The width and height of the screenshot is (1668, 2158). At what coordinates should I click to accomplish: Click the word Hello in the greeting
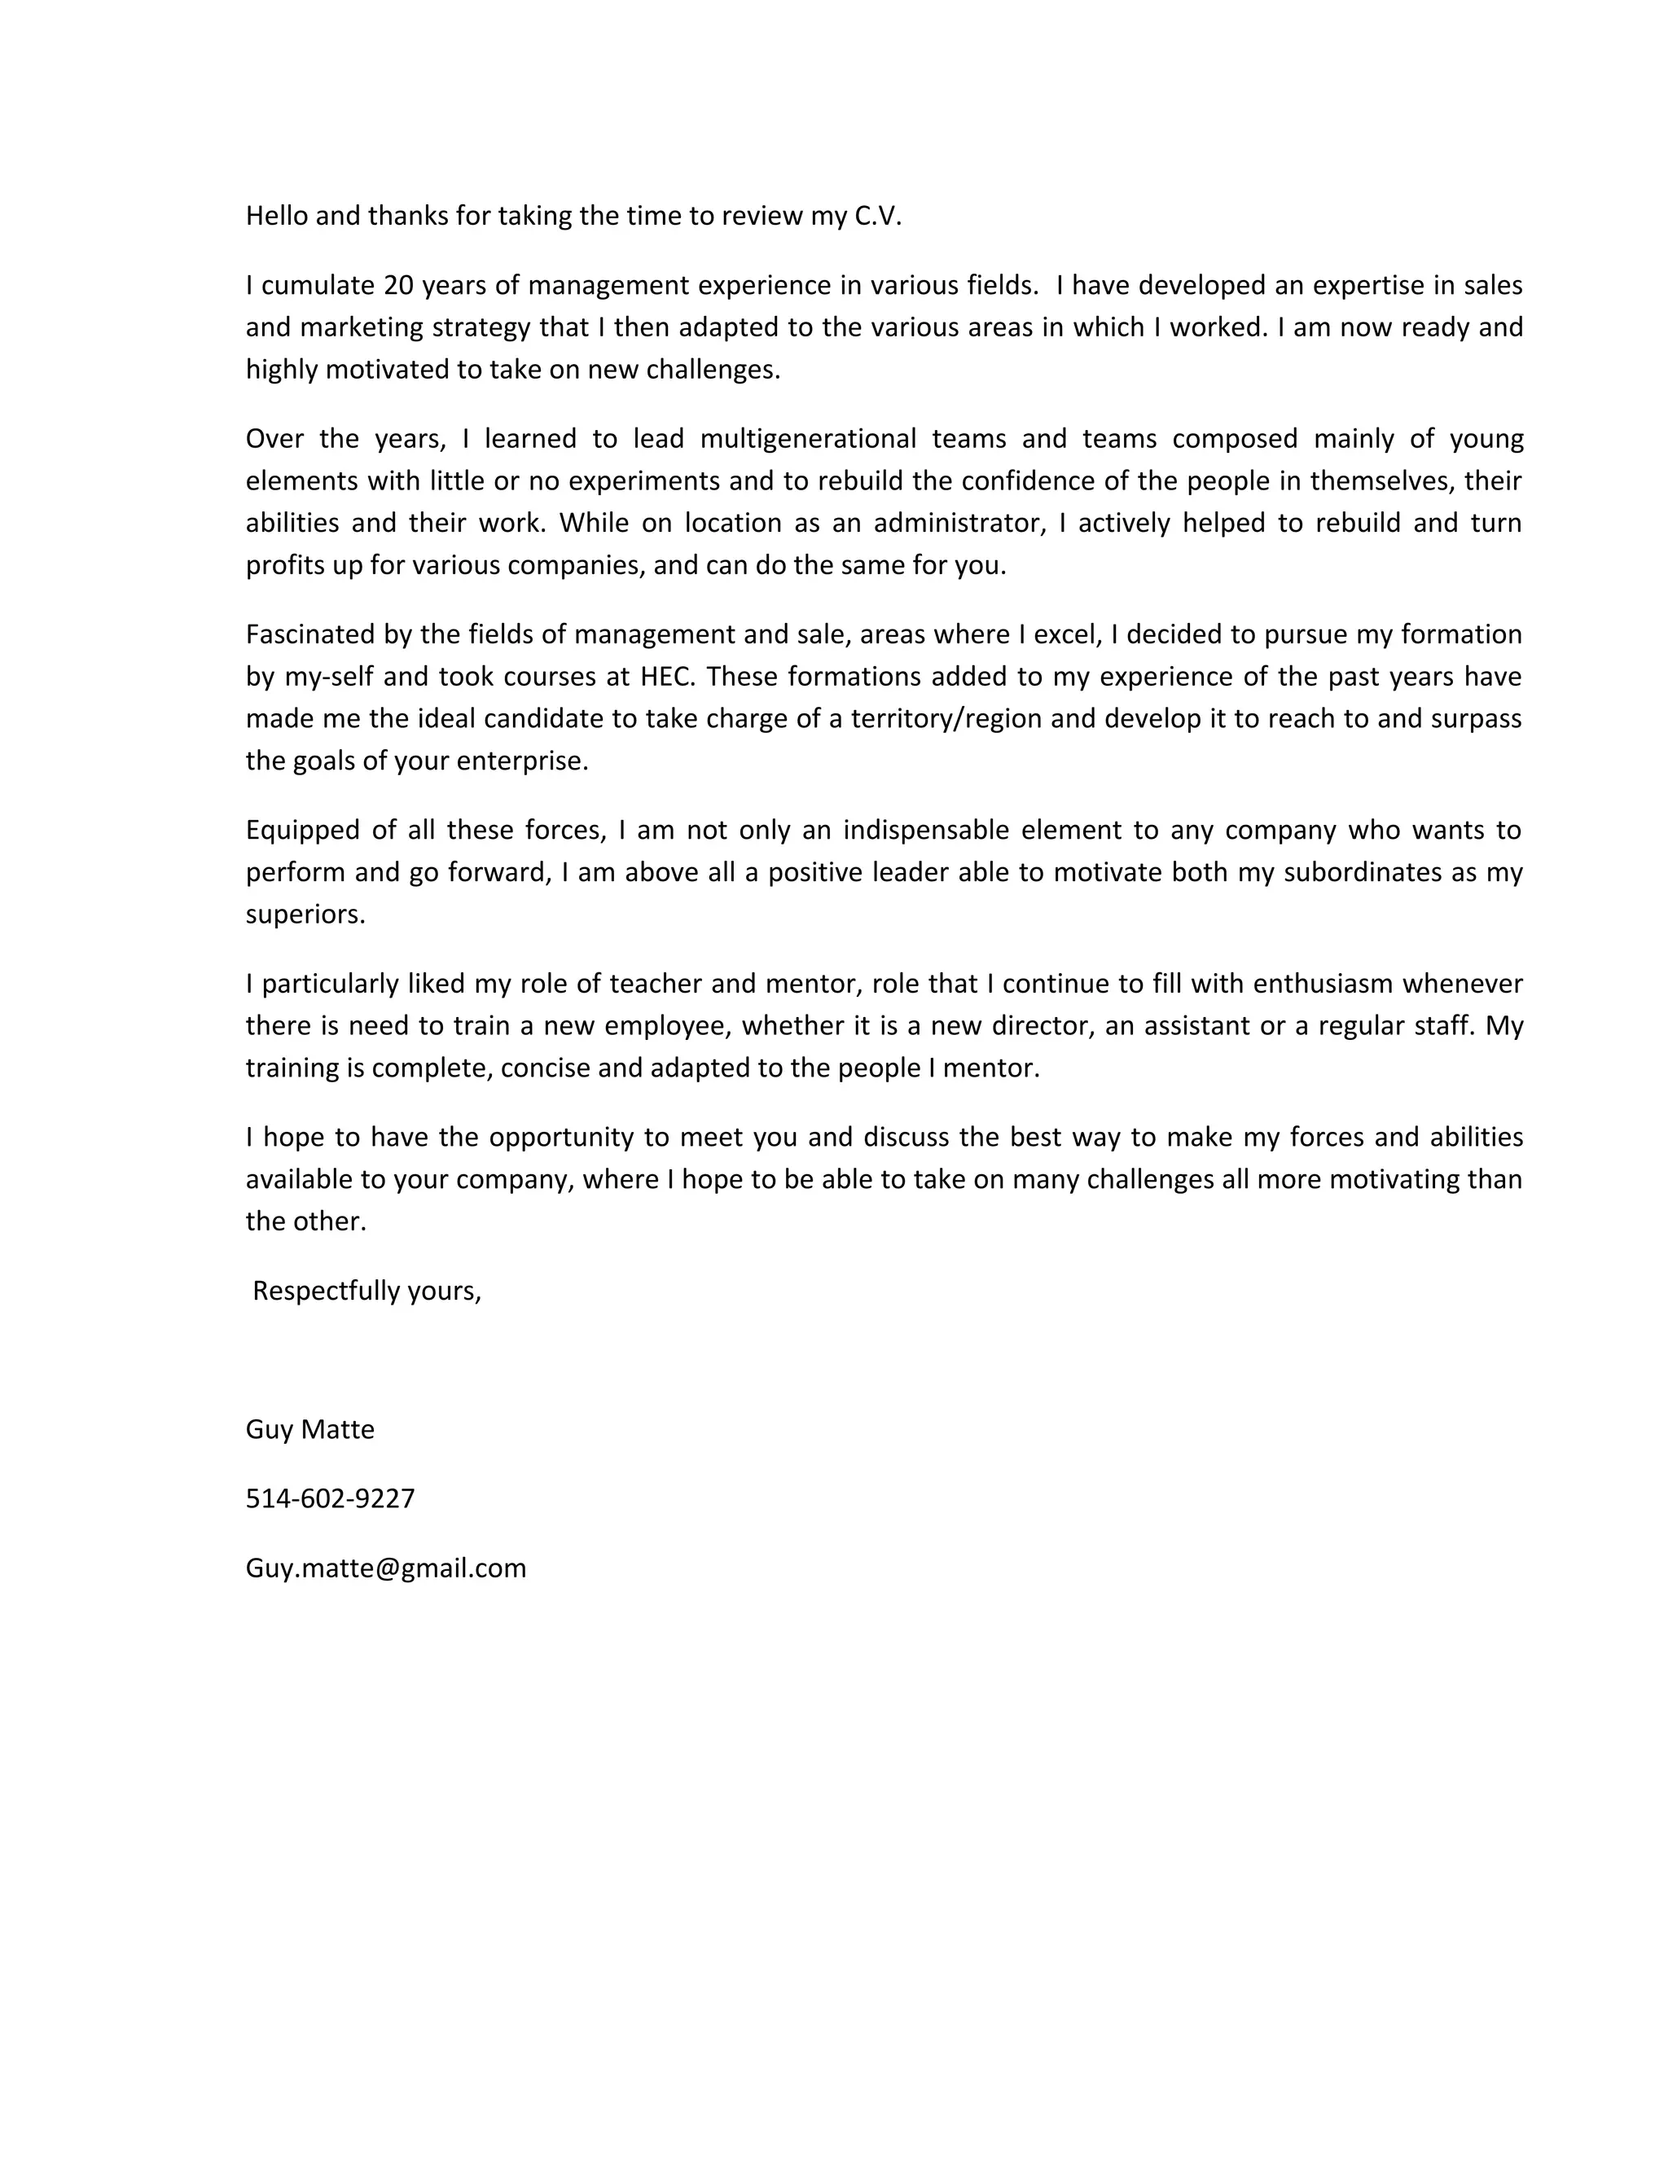coord(277,217)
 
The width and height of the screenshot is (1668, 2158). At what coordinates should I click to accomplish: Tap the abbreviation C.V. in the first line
coord(877,217)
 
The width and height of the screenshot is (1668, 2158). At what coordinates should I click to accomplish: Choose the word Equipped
coord(301,830)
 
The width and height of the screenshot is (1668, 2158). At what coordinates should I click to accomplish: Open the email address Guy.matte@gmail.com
coord(385,1568)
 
